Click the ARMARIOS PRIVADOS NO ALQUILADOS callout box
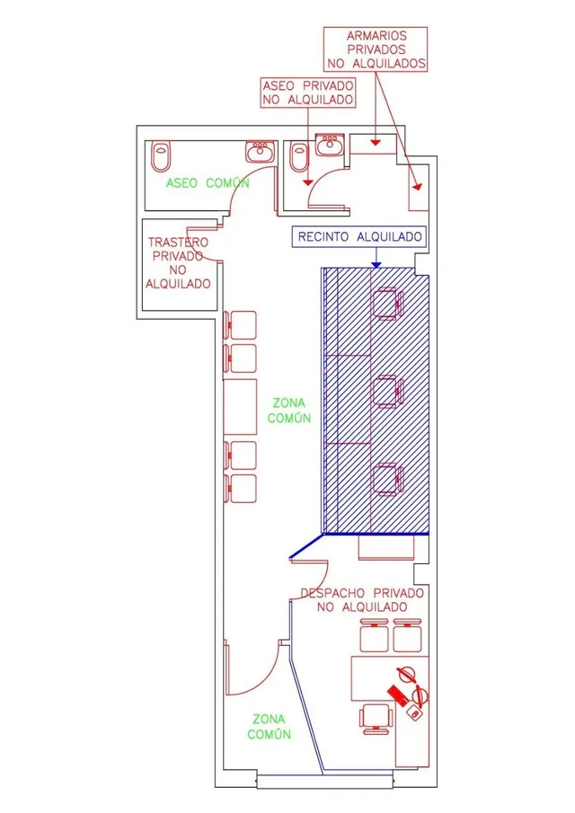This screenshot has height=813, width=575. point(376,49)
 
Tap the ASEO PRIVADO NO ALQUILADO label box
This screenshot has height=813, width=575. point(308,93)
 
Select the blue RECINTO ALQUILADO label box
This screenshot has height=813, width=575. point(359,237)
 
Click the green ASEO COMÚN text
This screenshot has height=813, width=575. point(208,183)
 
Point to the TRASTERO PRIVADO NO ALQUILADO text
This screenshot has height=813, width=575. point(178,263)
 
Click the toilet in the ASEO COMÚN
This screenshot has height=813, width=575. point(161,155)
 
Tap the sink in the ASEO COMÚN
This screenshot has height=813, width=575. point(259,151)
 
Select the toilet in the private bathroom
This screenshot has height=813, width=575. point(299,155)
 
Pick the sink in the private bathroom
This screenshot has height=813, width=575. point(329,145)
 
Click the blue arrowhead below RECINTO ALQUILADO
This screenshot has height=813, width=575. point(376,265)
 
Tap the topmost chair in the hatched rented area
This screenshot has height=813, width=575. point(388,304)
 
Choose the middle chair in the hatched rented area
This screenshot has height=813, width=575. point(388,392)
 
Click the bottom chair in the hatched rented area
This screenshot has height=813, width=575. point(388,479)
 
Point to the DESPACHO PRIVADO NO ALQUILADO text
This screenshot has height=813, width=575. point(362,600)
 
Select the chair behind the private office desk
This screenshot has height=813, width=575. point(376,719)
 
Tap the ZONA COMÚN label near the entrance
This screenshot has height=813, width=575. point(269,727)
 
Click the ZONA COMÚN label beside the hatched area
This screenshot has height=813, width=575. point(289,411)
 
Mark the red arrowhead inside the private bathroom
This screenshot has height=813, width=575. point(308,182)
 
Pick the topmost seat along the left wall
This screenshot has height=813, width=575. point(240,325)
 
